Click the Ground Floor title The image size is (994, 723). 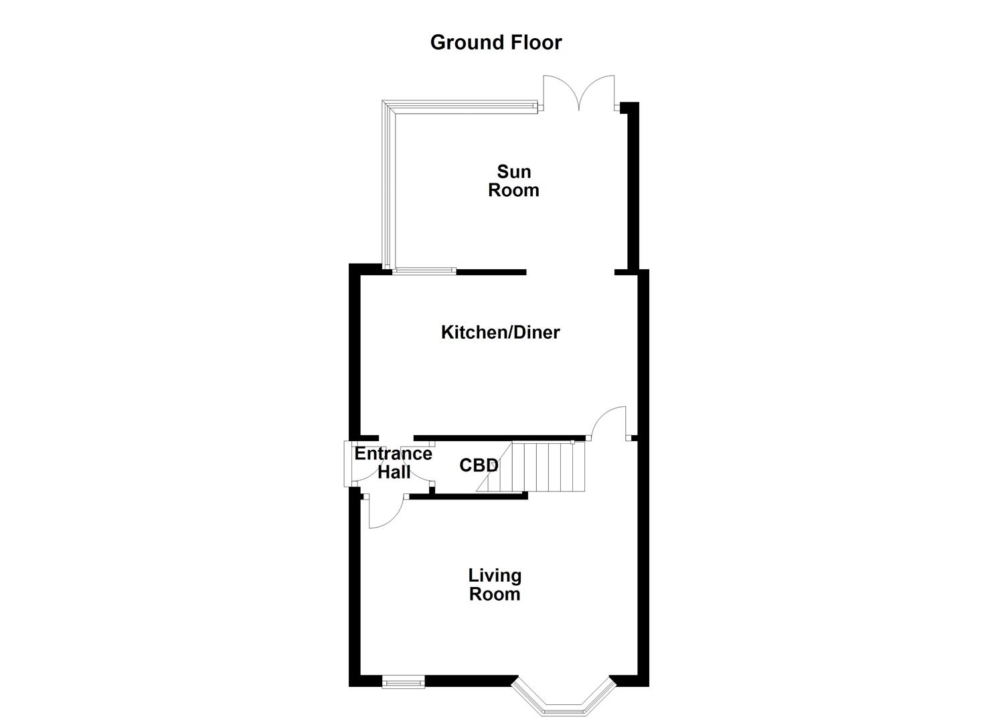495,42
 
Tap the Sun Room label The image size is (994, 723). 513,181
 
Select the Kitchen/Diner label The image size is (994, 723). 500,332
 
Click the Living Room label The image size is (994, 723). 495,584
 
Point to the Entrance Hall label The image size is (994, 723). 393,463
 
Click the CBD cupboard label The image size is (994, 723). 479,465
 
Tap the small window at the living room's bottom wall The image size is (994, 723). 403,682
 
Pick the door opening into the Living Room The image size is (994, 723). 384,513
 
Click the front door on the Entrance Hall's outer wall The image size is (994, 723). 348,464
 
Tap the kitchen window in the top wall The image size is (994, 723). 424,271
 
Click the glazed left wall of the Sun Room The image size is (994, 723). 388,187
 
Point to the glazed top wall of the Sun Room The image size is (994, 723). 462,106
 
